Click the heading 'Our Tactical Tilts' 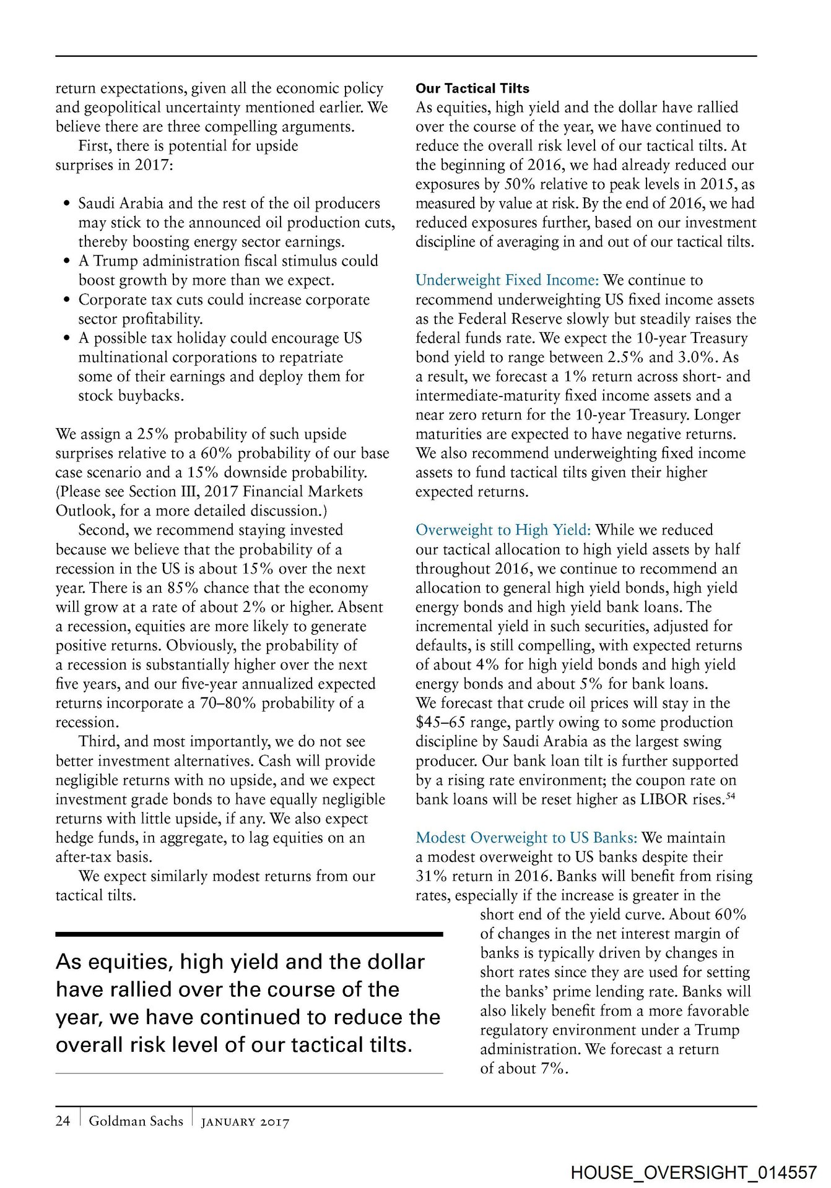click(472, 88)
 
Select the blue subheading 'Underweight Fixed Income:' click(507, 280)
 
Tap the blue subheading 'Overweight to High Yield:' click(503, 530)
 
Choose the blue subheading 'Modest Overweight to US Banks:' click(526, 838)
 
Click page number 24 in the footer click(63, 1121)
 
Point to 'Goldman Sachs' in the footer click(136, 1121)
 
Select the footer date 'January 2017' click(245, 1122)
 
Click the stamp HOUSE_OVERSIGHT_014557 click(694, 1172)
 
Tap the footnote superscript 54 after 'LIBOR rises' click(731, 796)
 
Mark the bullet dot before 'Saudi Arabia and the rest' click(67, 204)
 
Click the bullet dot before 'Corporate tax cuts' click(67, 300)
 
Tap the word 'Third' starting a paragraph click(97, 742)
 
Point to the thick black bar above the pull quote click(249, 934)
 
